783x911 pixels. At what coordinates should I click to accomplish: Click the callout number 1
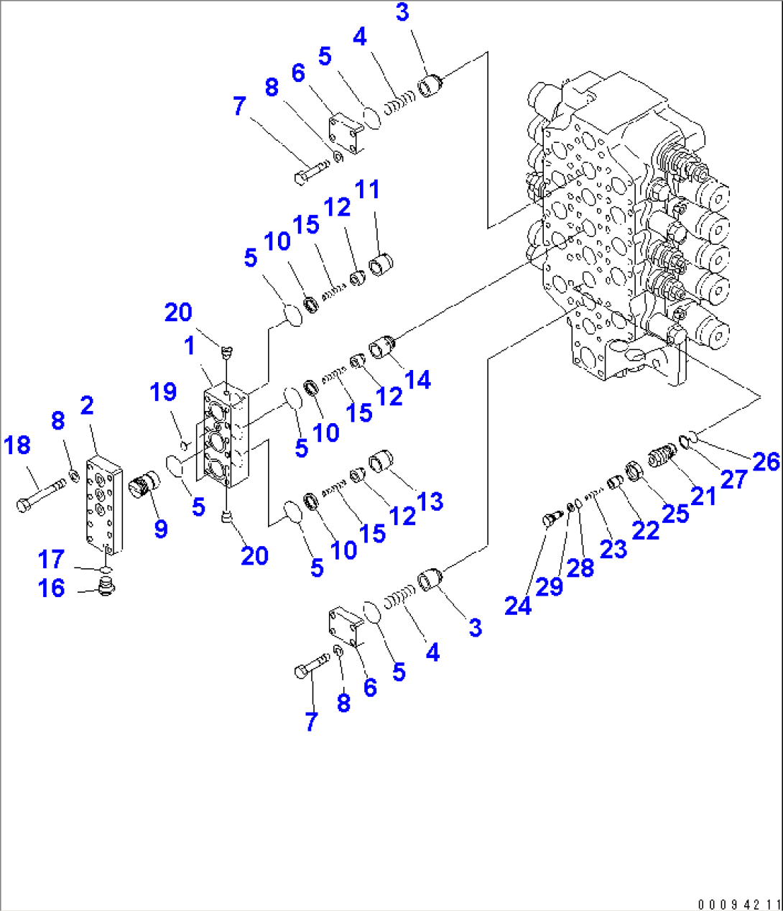click(x=190, y=346)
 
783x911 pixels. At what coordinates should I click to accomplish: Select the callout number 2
click(x=86, y=406)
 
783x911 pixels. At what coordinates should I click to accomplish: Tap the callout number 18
click(x=17, y=445)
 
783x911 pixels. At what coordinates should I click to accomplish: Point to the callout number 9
click(x=161, y=529)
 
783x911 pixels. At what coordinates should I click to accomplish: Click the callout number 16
click(x=51, y=588)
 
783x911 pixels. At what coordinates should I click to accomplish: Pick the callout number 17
click(x=51, y=559)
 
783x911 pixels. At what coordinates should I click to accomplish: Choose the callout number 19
click(x=163, y=392)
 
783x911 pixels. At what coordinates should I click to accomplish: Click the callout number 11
click(x=367, y=190)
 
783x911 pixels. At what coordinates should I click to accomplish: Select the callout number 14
click(x=418, y=379)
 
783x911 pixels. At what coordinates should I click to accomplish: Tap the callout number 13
click(x=430, y=501)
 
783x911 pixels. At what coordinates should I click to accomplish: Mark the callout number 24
click(x=517, y=606)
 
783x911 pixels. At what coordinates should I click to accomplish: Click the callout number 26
click(x=766, y=461)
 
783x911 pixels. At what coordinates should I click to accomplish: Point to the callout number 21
click(x=703, y=495)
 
